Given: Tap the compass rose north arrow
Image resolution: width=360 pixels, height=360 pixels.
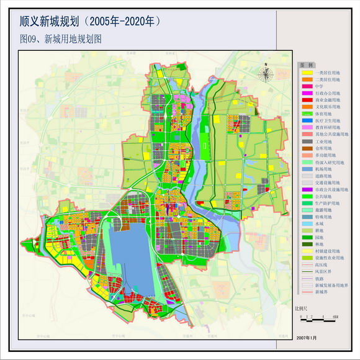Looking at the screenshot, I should click(266, 73).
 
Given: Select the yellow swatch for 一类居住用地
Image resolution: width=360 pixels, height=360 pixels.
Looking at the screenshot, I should click(307, 73).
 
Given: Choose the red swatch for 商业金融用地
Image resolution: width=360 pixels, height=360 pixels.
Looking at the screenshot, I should click(307, 100).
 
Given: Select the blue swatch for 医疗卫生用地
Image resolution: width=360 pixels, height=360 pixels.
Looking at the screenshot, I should click(307, 120).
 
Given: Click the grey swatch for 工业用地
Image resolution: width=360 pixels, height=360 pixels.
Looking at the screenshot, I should click(307, 141).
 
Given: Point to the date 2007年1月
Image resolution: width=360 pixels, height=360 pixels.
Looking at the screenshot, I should click(307, 337).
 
